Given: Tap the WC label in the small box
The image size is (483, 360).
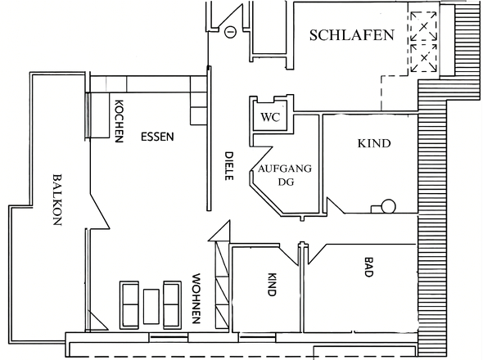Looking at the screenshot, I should coord(269,117).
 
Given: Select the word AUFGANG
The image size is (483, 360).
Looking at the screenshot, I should coord(284,169).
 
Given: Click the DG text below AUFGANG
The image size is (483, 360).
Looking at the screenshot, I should coord(284,182).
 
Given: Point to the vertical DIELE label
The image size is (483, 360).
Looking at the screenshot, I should coord(230,166).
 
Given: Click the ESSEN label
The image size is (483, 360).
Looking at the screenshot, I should coord(156,137).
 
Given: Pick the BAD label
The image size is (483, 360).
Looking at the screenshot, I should coord(368,268).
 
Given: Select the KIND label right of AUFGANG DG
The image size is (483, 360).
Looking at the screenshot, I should coord(374,143).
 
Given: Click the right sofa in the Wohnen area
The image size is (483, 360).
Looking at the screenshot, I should coord(172,304).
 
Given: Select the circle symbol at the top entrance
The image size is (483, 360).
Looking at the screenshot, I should coord(231,33).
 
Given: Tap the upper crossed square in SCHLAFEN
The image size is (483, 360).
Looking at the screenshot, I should coord(424,25).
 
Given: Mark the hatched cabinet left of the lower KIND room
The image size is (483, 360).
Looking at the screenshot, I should coord(220,286).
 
